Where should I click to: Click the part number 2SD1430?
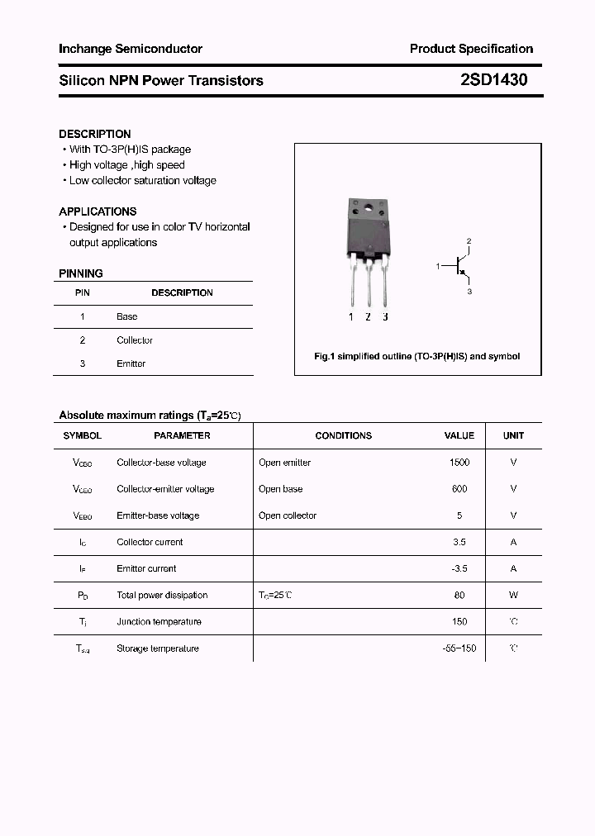click(493, 80)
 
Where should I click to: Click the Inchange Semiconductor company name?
click(130, 49)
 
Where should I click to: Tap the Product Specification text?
click(471, 49)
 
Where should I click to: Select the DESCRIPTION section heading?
click(94, 134)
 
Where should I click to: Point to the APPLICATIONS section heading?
click(98, 211)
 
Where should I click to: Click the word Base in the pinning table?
click(126, 316)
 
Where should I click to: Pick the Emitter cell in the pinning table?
click(131, 363)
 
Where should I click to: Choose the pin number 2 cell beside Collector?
click(83, 340)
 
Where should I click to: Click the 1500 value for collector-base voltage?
click(459, 463)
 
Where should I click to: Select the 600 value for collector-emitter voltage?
click(459, 489)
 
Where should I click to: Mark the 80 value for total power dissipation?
click(459, 595)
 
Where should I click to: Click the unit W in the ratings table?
click(513, 595)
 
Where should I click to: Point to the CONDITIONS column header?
click(343, 435)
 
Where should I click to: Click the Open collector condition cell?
click(287, 515)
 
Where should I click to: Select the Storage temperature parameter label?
click(157, 648)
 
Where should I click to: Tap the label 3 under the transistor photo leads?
click(385, 317)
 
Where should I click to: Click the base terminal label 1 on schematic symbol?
click(438, 266)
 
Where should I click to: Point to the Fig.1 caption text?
click(416, 356)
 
